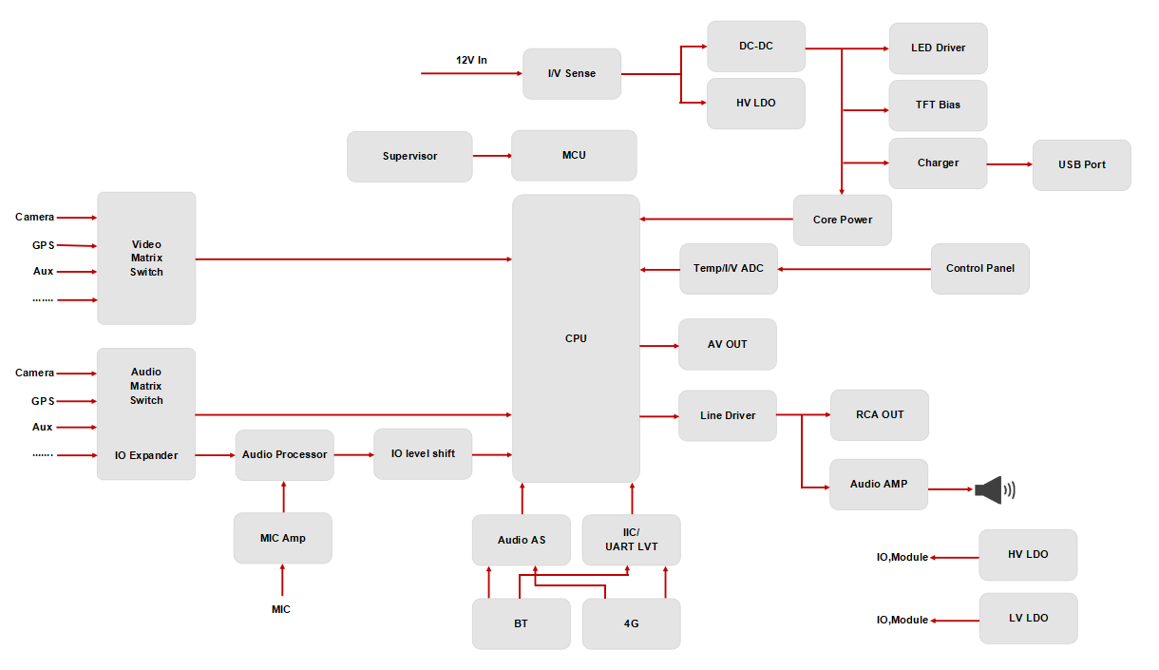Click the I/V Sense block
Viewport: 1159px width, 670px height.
click(572, 74)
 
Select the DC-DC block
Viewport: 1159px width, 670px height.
click(756, 46)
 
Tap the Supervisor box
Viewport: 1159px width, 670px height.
click(409, 157)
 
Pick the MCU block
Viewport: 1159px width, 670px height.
click(574, 155)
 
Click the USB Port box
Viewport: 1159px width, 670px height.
click(1082, 165)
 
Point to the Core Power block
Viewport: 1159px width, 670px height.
click(843, 220)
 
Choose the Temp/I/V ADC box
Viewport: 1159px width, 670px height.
click(729, 269)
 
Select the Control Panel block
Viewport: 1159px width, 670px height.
click(980, 269)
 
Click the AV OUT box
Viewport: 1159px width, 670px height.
click(728, 344)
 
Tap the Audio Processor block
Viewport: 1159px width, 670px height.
click(285, 455)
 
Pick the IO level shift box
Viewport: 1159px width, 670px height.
click(423, 454)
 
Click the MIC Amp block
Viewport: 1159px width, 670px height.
click(282, 538)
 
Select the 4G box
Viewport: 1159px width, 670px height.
click(631, 624)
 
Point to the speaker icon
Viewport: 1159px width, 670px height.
click(994, 489)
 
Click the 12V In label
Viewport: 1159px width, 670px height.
click(471, 60)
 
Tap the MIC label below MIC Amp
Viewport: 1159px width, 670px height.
click(281, 609)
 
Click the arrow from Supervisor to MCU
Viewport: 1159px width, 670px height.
click(492, 155)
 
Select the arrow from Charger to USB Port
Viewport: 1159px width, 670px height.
click(1010, 164)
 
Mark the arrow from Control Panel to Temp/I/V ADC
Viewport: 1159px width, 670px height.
click(854, 269)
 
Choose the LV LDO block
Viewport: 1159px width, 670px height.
click(1029, 619)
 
